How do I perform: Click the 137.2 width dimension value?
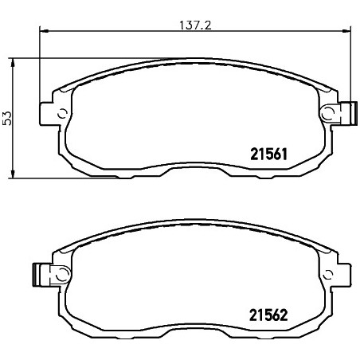[x=195, y=25]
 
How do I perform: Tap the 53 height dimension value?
[x=7, y=118]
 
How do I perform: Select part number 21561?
[x=269, y=155]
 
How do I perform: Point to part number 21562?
[x=268, y=315]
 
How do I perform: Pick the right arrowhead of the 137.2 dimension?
[x=346, y=31]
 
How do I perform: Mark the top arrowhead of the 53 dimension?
[x=12, y=64]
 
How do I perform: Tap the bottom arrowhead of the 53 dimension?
[x=12, y=174]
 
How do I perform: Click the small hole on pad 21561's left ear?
[x=63, y=114]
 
